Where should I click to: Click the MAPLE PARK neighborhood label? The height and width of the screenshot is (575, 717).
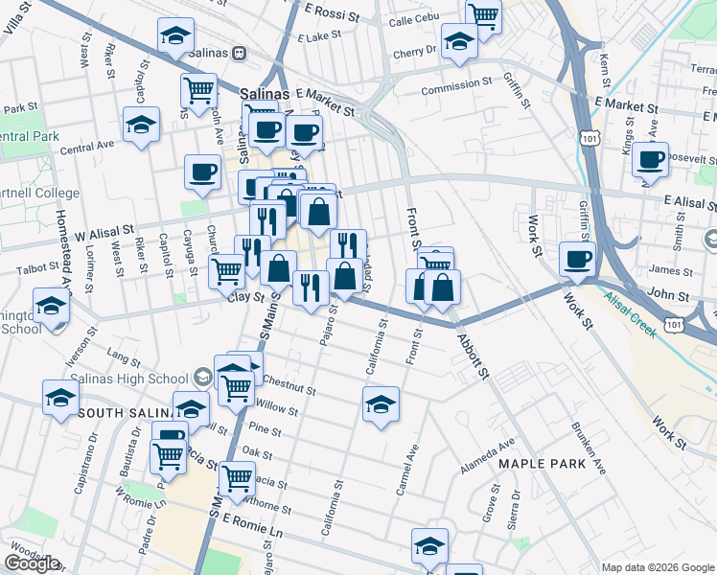[535, 464]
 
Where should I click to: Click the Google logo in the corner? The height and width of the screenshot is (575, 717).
[32, 563]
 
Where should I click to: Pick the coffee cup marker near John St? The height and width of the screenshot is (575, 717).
[579, 259]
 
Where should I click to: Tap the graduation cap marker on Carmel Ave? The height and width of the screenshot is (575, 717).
[381, 404]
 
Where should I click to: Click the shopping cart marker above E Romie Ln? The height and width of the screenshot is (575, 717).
[237, 477]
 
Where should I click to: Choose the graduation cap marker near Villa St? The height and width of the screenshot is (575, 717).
[175, 36]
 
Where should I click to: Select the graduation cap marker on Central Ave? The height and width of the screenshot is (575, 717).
[141, 126]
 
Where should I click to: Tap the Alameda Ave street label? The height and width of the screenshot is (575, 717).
[486, 450]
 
